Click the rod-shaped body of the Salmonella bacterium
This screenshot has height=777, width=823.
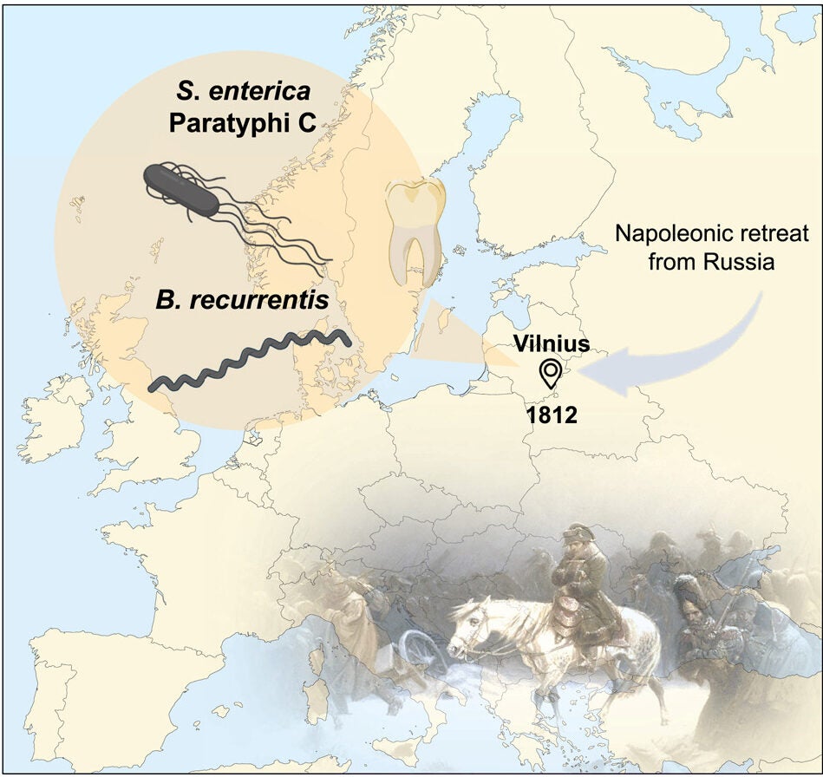click(x=181, y=189)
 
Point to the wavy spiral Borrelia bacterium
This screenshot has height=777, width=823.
click(x=250, y=363)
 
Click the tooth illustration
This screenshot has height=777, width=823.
click(x=415, y=232)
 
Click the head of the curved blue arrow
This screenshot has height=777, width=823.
click(x=598, y=374)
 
